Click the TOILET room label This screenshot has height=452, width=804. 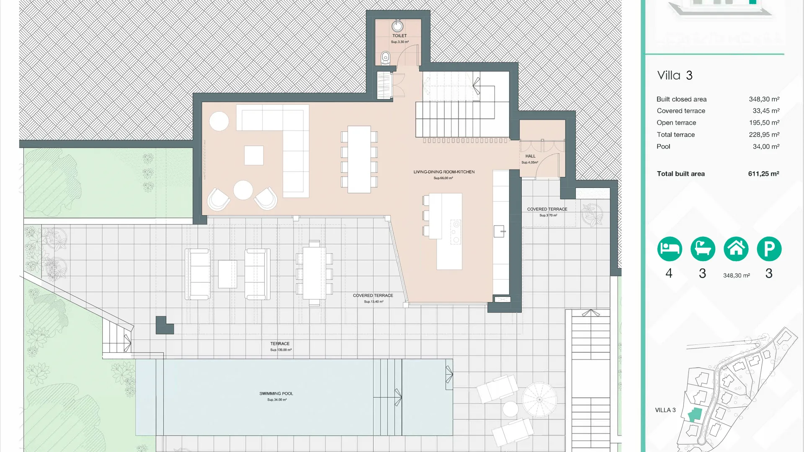click(399, 36)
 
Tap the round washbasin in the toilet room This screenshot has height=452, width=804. click(397, 26)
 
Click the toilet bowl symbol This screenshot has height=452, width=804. click(386, 58)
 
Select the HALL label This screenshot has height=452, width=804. click(530, 156)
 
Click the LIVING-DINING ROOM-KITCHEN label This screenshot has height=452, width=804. click(444, 172)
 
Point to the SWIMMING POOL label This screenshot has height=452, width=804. click(276, 394)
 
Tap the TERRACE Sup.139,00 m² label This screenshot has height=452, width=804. click(280, 344)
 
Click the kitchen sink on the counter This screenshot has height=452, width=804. click(499, 231)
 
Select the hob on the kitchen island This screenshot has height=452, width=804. click(456, 232)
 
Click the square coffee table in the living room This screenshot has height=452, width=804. click(254, 155)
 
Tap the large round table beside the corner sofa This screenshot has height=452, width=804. click(219, 121)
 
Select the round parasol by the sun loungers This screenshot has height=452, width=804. click(539, 399)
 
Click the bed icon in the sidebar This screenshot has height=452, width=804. click(669, 249)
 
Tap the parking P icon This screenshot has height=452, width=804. click(769, 249)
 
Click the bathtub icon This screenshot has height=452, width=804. click(703, 249)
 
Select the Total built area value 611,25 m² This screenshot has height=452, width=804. click(763, 174)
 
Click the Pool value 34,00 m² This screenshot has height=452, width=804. click(766, 146)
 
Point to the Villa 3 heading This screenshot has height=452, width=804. click(675, 75)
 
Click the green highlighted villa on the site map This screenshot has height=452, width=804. click(695, 414)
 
